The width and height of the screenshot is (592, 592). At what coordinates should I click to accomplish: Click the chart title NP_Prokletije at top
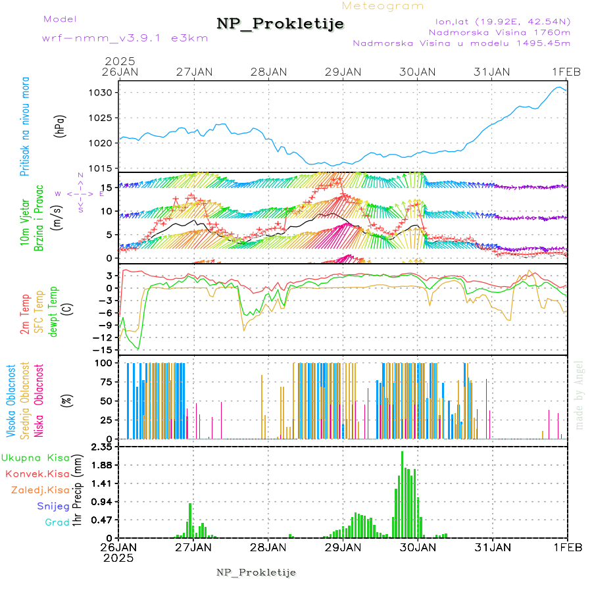coord(280,24)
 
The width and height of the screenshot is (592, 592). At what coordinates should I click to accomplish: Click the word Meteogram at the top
coord(383,6)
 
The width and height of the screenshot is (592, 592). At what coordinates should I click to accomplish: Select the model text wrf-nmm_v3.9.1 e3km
coord(125,37)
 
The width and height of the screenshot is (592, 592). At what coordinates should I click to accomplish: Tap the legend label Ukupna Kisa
coord(35,458)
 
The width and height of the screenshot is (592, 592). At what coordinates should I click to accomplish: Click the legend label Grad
coord(57,523)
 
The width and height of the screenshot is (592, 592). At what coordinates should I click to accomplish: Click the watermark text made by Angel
coord(580,395)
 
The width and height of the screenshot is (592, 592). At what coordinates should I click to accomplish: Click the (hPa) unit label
coord(61,125)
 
